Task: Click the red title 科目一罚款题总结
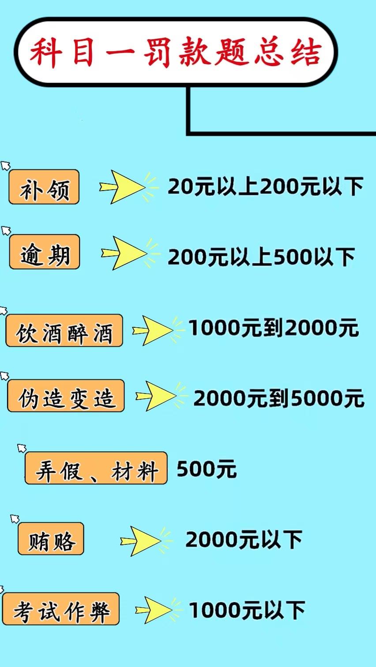(176, 52)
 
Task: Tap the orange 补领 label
(44, 187)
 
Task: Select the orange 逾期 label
(45, 252)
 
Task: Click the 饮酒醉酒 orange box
(64, 330)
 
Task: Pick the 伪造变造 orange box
(66, 396)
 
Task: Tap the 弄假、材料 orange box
(96, 468)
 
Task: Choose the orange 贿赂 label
(51, 539)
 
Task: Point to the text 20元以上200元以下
(265, 187)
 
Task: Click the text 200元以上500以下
(261, 257)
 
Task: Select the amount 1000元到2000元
(274, 328)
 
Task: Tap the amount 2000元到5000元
(279, 398)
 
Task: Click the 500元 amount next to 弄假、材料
(207, 469)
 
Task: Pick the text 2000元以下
(244, 539)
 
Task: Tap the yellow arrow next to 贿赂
(141, 540)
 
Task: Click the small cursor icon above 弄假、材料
(22, 448)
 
